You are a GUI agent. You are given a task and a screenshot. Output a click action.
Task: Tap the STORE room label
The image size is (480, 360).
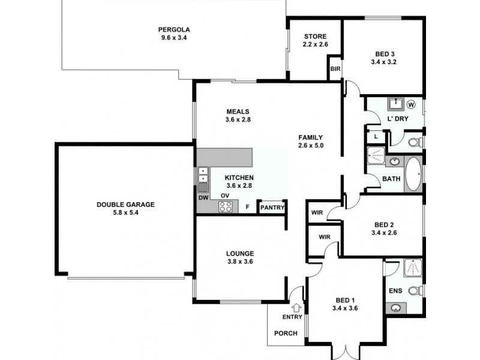[x=314, y=37]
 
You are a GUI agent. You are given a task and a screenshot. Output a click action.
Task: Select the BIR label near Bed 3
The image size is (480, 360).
[x=335, y=69]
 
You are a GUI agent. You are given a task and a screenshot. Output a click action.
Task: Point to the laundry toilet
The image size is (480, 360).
[x=413, y=142]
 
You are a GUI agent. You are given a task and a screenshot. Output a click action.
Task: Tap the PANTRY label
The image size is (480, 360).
[x=271, y=208]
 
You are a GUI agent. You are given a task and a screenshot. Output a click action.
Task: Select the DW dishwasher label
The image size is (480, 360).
[x=203, y=197]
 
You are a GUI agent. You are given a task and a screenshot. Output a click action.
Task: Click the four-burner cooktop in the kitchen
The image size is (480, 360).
[x=226, y=207]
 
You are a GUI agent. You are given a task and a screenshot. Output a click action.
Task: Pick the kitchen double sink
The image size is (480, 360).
[x=203, y=175]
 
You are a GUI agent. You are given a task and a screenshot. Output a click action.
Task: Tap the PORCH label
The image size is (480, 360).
[x=286, y=334]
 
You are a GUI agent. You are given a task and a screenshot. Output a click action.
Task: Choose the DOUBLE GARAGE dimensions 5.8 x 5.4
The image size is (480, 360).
[x=125, y=212]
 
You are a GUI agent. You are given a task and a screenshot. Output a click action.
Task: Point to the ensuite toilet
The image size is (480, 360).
[x=413, y=290]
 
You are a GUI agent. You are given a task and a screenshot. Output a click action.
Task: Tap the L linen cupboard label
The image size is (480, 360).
[x=376, y=137]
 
